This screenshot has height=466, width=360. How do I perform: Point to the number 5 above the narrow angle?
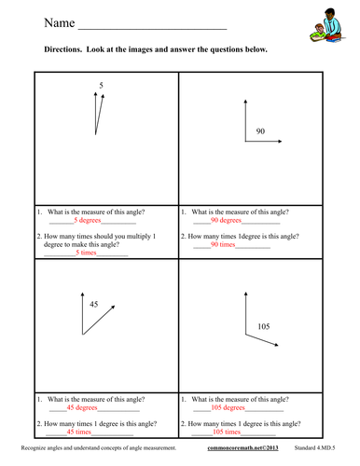click(101, 86)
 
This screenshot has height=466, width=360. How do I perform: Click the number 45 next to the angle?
click(93, 304)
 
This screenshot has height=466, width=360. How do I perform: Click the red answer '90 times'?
click(224, 245)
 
